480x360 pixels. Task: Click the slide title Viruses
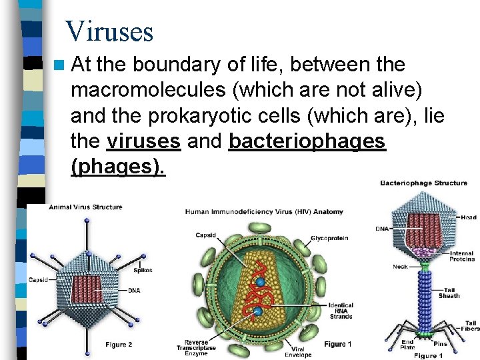coord(109,31)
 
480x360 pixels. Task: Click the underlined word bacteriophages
coord(307,141)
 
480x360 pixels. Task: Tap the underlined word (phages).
coord(117,167)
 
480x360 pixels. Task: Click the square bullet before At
coord(61,65)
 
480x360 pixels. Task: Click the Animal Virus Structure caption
coord(85,207)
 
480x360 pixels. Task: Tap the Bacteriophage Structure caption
coord(423,183)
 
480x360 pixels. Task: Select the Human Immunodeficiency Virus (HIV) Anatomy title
coord(264,212)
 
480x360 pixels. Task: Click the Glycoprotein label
coord(327,238)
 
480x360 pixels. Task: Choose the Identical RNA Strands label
coord(341,311)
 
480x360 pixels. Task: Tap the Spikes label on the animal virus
coord(143,270)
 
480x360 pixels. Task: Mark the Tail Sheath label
coord(449,293)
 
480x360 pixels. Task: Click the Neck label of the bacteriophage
coord(400,267)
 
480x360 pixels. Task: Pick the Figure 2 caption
coord(119,345)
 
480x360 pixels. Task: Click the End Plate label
coord(407,344)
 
